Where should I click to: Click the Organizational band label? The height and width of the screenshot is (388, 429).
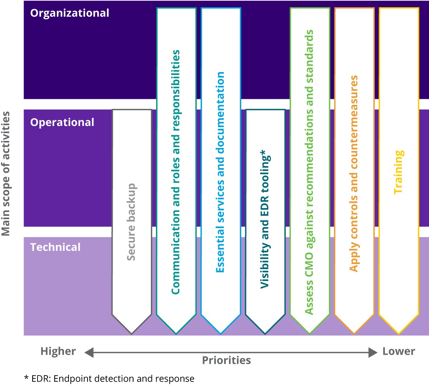[69, 13]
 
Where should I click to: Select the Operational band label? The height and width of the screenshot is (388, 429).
[62, 122]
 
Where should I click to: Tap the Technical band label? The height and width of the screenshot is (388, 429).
[55, 247]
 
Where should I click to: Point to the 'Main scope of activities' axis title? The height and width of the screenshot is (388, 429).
[6, 174]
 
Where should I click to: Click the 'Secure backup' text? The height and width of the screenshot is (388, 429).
[131, 222]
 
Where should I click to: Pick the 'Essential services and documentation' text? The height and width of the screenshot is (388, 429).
[220, 172]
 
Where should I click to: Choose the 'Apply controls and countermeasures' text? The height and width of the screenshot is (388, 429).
[354, 173]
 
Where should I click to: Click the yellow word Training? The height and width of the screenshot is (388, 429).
[399, 172]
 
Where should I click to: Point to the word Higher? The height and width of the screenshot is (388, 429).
[58, 351]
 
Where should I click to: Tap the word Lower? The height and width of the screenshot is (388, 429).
[399, 351]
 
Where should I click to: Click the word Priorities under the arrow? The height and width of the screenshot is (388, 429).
[226, 360]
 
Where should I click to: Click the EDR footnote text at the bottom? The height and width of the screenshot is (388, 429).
[109, 379]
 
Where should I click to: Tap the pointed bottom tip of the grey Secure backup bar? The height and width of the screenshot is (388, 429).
[132, 333]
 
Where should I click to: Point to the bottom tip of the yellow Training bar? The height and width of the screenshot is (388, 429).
[399, 333]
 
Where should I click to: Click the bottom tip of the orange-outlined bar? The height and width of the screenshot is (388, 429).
[354, 333]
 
